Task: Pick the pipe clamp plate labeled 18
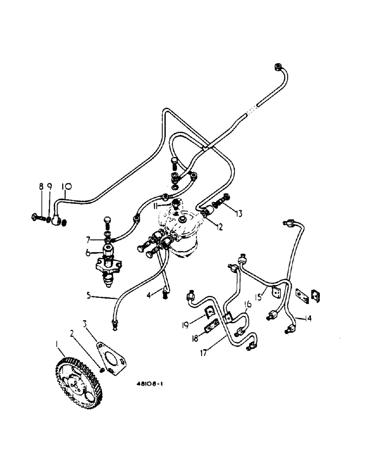click(x=208, y=329)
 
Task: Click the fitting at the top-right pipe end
click(x=279, y=67)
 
